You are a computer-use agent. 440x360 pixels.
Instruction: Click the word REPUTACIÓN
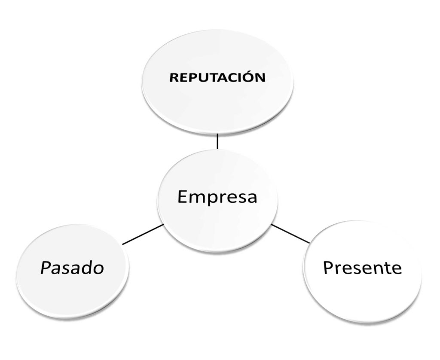point(217,78)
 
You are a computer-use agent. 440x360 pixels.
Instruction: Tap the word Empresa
point(217,197)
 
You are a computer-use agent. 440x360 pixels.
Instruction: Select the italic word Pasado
point(72,268)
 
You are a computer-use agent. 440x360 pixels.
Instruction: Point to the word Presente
point(362,267)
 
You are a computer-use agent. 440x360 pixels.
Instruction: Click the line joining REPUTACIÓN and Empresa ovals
point(217,141)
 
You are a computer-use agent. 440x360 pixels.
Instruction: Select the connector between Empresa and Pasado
point(143,234)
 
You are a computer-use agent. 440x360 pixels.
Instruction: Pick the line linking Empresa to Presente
point(290,234)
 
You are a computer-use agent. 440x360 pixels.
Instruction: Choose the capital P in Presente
point(329,267)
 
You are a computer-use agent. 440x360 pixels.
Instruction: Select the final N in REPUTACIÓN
point(260,78)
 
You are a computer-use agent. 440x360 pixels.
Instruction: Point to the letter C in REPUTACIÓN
point(232,78)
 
